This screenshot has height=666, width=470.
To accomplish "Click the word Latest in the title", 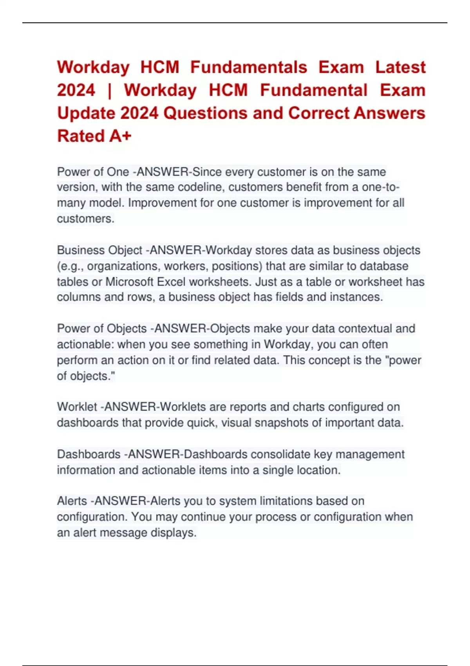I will [x=400, y=67].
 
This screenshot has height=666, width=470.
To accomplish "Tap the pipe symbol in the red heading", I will [x=109, y=90].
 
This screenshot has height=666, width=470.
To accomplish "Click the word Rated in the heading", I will [x=81, y=136].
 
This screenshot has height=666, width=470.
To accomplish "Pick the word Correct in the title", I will [x=318, y=114].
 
